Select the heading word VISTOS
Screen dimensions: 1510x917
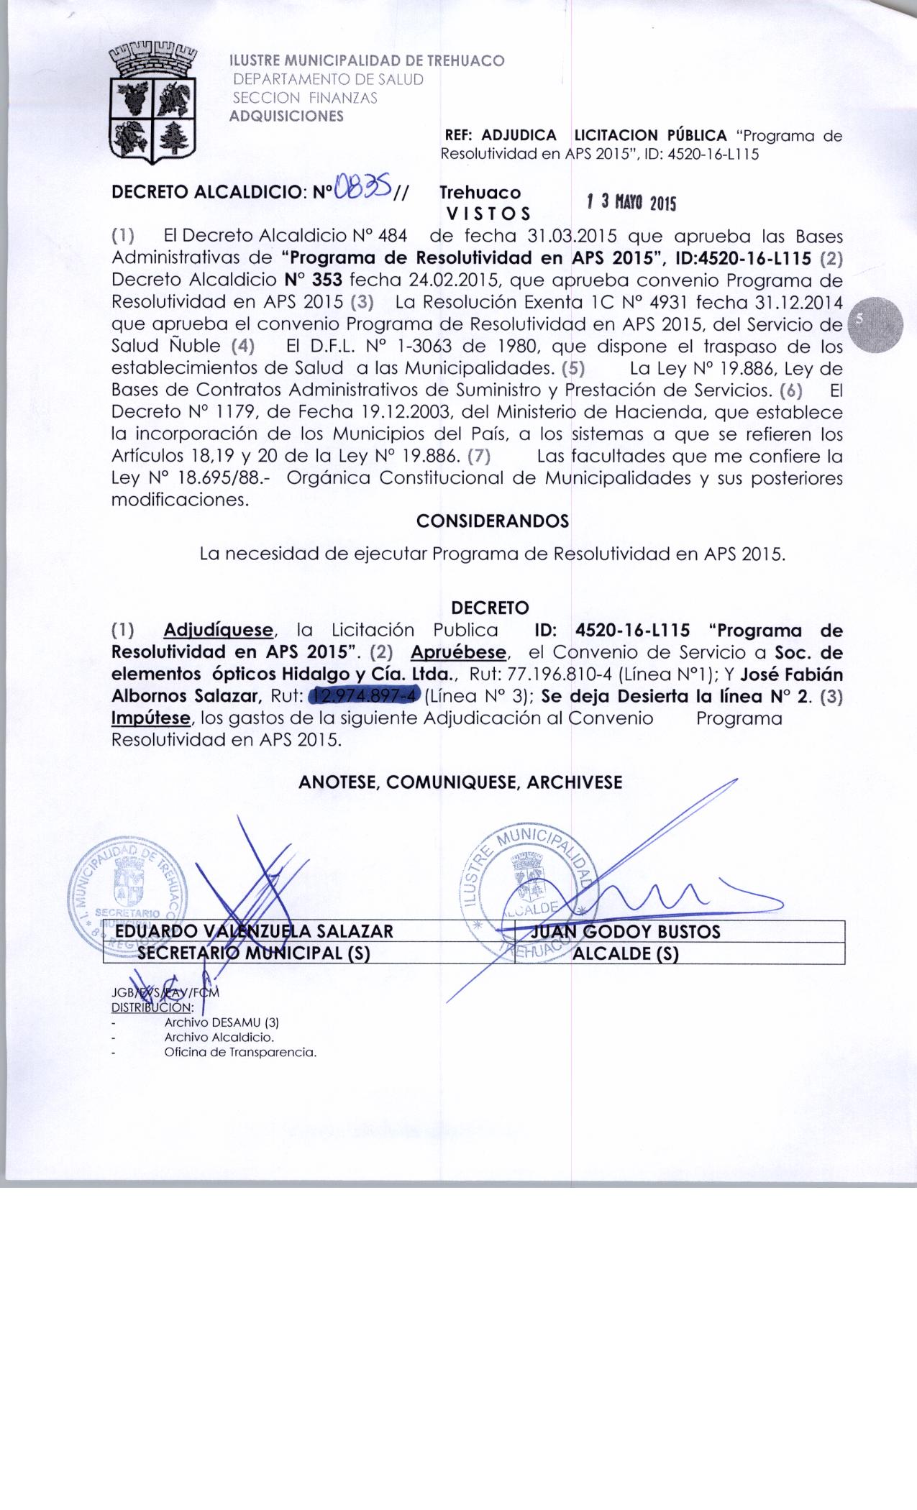pyautogui.click(x=488, y=214)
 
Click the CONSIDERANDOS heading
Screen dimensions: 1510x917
pyautogui.click(x=493, y=521)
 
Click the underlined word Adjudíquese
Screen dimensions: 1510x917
pyautogui.click(x=219, y=630)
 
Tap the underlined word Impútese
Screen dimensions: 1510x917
pyautogui.click(x=151, y=718)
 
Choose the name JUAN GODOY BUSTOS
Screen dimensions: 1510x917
pyautogui.click(x=624, y=932)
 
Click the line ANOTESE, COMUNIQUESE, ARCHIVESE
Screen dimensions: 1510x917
pyautogui.click(x=460, y=782)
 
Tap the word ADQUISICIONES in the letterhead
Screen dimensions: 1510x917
pyautogui.click(x=286, y=116)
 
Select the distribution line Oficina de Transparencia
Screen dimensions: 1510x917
pyautogui.click(x=240, y=1053)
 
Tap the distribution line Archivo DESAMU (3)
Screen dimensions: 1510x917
pyautogui.click(x=221, y=1022)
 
